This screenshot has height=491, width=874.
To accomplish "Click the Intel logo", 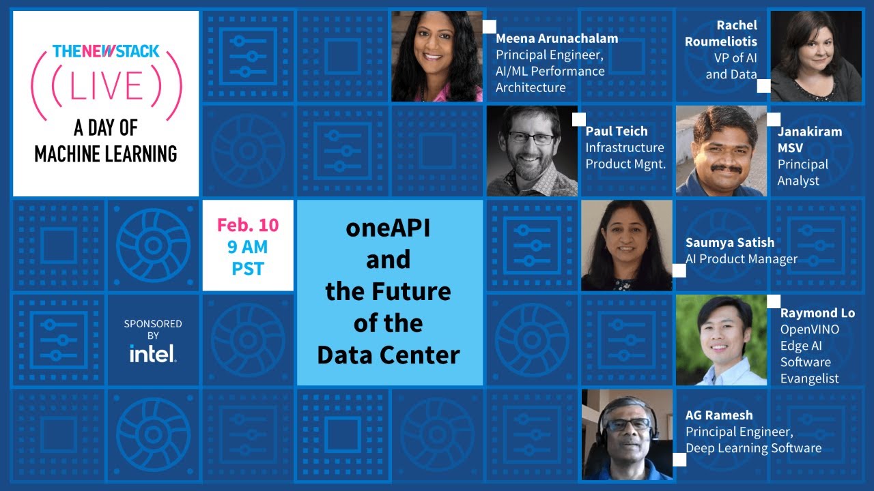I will click(152, 353).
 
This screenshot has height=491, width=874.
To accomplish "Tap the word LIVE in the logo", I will click(106, 85).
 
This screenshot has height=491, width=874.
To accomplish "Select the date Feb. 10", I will click(248, 225).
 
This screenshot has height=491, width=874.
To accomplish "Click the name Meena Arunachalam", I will click(556, 38).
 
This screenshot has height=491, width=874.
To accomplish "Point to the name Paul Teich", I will click(617, 131).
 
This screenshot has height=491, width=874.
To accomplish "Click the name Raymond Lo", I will click(817, 313).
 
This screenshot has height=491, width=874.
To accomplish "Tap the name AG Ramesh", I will click(719, 415).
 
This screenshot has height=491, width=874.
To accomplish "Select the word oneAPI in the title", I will click(388, 228).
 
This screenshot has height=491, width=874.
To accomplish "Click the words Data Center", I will click(389, 355).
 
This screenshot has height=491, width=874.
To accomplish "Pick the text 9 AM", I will click(248, 246).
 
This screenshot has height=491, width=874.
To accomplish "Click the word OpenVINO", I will click(810, 329).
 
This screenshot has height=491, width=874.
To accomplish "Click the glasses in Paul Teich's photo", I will click(531, 138).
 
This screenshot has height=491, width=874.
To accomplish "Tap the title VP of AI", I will click(731, 58).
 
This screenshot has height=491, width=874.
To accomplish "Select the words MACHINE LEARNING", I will click(106, 153).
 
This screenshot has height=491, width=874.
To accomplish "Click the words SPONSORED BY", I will click(152, 329).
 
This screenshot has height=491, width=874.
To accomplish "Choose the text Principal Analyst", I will click(802, 173).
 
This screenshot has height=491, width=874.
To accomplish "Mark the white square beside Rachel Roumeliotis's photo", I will click(763, 85).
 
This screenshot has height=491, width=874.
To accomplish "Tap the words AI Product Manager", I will click(741, 259).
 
